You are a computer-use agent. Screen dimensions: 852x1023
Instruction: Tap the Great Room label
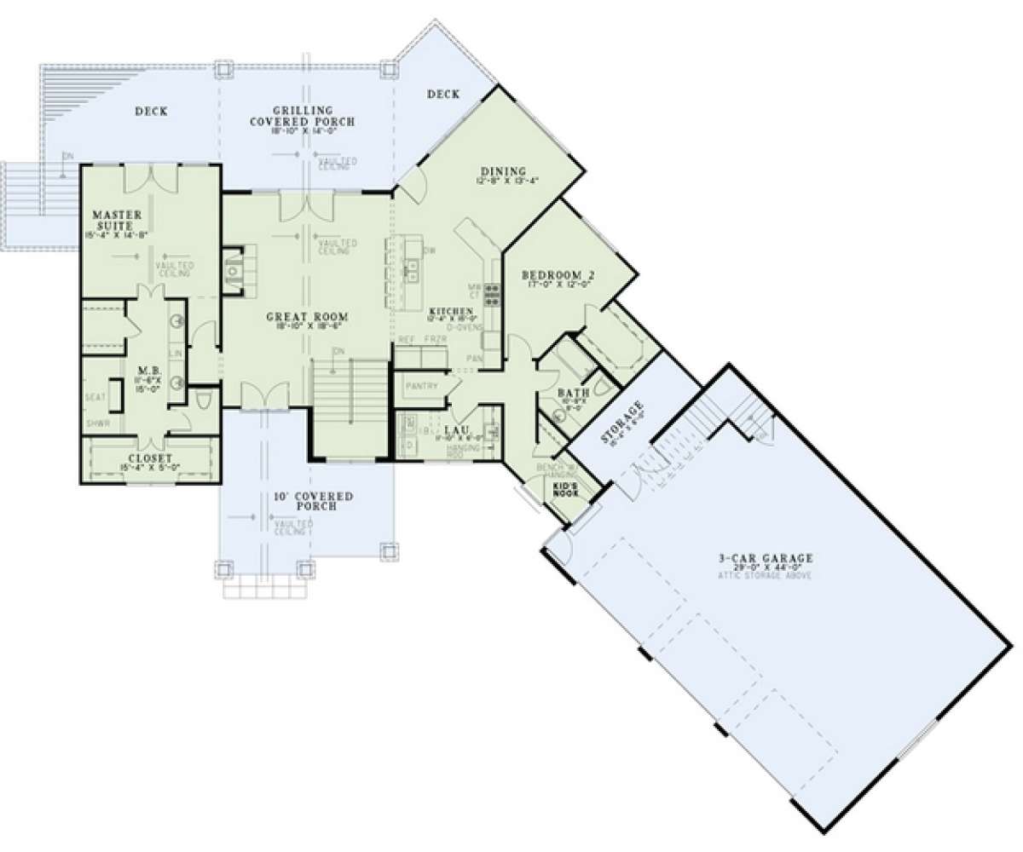click(x=300, y=317)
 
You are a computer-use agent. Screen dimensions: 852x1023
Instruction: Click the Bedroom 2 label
click(x=558, y=275)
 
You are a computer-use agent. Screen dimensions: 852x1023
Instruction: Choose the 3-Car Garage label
click(x=765, y=559)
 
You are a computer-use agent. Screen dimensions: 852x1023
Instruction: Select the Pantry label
click(x=421, y=386)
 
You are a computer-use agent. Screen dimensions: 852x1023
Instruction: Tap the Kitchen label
click(x=451, y=310)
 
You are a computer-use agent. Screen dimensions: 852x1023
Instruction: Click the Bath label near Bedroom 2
click(x=569, y=393)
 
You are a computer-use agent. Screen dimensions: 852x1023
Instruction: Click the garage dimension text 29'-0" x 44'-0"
click(x=765, y=568)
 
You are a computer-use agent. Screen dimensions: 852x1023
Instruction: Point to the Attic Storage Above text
click(x=765, y=577)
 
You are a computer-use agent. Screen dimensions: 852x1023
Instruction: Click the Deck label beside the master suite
click(x=151, y=112)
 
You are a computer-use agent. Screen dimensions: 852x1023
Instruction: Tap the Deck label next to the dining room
click(x=443, y=95)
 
